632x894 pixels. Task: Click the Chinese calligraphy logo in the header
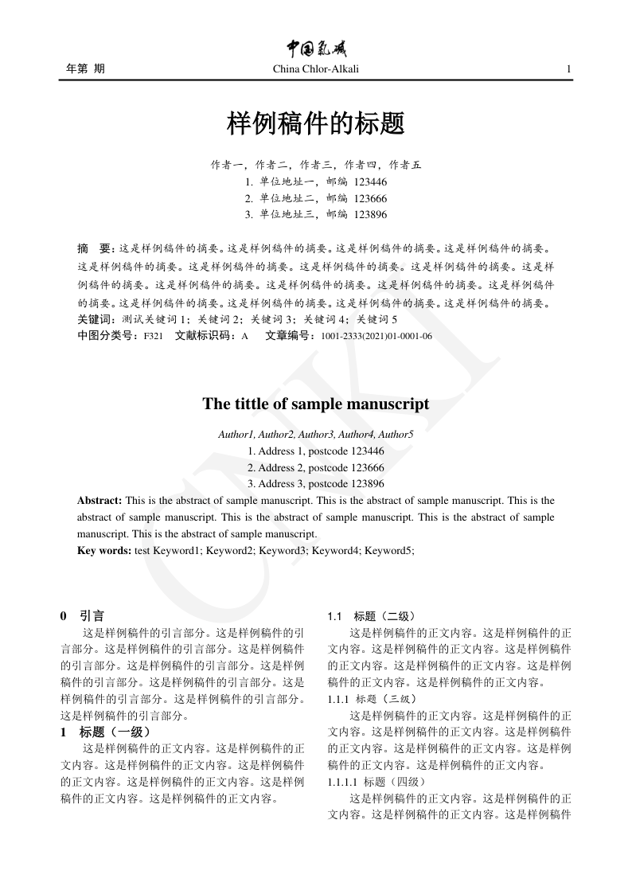pyautogui.click(x=316, y=49)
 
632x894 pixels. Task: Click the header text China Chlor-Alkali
pyautogui.click(x=316, y=69)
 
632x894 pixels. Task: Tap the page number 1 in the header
pyautogui.click(x=568, y=69)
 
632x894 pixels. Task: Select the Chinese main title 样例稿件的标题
pyautogui.click(x=316, y=124)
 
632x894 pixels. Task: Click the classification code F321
pyautogui.click(x=153, y=336)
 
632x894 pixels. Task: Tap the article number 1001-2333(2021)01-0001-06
pyautogui.click(x=376, y=336)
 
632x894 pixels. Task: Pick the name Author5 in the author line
pyautogui.click(x=396, y=435)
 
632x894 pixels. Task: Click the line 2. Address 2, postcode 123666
pyautogui.click(x=316, y=467)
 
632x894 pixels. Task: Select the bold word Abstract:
pyautogui.click(x=99, y=501)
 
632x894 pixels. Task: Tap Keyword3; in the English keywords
pyautogui.click(x=283, y=550)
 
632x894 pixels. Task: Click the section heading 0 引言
pyautogui.click(x=82, y=615)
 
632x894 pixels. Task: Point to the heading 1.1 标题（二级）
pyautogui.click(x=371, y=616)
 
